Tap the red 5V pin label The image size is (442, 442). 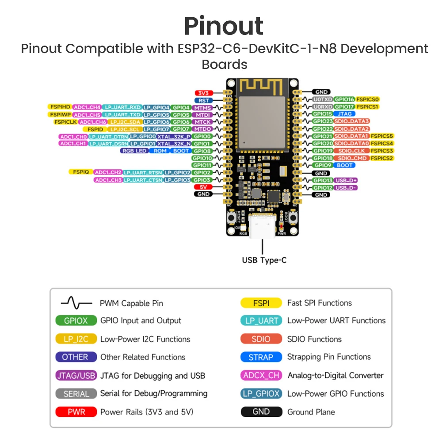pyautogui.click(x=203, y=187)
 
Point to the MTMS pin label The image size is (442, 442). pyautogui.click(x=203, y=107)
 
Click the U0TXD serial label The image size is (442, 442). pyautogui.click(x=322, y=99)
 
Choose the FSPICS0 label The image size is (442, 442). pyautogui.click(x=368, y=99)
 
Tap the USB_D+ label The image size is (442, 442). pyautogui.click(x=346, y=180)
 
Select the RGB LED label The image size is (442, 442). pyautogui.click(x=135, y=151)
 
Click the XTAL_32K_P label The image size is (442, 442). pyautogui.click(x=174, y=137)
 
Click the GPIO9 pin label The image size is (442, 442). pyautogui.click(x=322, y=165)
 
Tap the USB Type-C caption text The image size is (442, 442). pyautogui.click(x=264, y=260)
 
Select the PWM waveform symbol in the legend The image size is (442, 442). pyautogui.click(x=76, y=303)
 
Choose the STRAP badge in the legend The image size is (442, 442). pyautogui.click(x=261, y=357)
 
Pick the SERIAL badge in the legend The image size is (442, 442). pyautogui.click(x=76, y=393)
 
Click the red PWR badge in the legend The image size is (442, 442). pyautogui.click(x=76, y=412)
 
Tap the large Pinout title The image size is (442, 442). pyautogui.click(x=224, y=26)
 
